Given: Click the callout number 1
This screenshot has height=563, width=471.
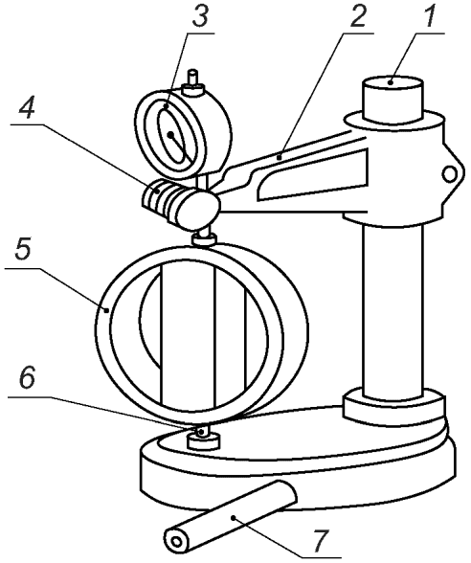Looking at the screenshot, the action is coord(431,15).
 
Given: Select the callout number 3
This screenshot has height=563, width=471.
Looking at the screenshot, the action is coord(198,15).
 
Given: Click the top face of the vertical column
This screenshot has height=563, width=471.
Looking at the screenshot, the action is coord(392,83).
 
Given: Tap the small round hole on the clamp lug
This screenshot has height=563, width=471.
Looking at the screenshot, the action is coord(448,174).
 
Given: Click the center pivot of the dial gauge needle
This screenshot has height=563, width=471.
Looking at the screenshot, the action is coord(170,135).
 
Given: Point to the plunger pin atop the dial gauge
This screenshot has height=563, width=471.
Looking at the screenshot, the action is coord(193,78).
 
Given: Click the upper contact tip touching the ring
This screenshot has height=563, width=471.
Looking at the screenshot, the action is coord(204,239).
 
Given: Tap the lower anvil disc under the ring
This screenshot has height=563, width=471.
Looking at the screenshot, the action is coord(203,440).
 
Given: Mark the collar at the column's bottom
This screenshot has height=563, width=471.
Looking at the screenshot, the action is coord(394,405).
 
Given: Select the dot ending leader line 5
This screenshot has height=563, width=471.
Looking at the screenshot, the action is coord(106,310).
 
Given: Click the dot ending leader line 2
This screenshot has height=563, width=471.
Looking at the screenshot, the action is coord(279,157).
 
